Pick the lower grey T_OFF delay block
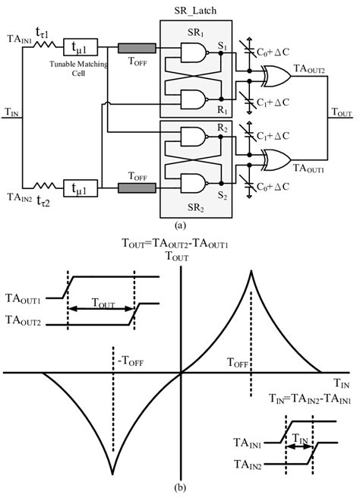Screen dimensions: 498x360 click(137, 187)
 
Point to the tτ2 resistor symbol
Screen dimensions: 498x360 click(49, 187)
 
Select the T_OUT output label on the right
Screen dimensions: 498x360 click(342, 111)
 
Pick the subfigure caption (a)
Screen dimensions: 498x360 click(180, 225)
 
